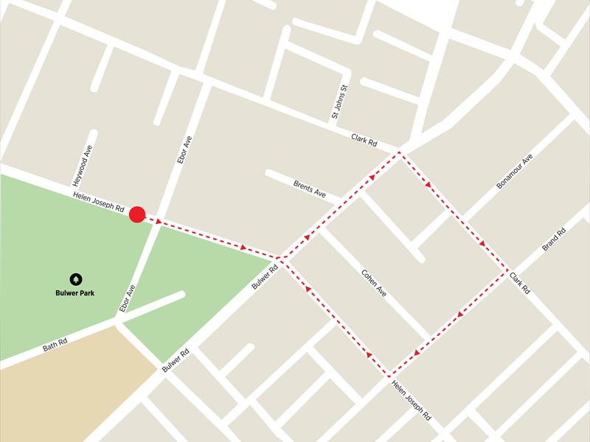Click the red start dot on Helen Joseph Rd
click(x=136, y=214)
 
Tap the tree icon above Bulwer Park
click(x=76, y=279)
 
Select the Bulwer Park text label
click(x=76, y=292)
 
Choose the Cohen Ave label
click(x=374, y=282)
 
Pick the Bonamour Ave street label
click(x=514, y=172)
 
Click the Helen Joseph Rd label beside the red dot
click(x=98, y=203)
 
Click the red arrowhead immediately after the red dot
click(x=158, y=220)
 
